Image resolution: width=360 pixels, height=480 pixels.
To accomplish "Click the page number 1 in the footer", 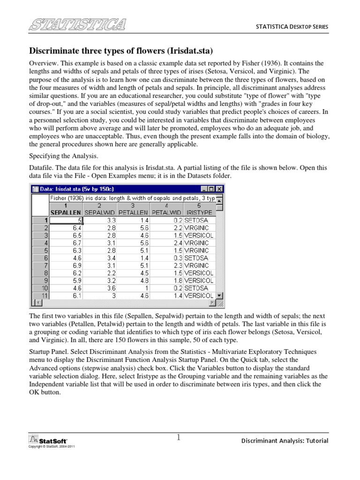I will point(179,438).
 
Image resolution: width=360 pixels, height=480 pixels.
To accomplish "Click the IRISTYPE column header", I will point(200,212).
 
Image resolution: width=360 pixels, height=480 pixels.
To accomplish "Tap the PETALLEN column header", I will point(133,212).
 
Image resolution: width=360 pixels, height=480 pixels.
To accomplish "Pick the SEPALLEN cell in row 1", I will point(66,220).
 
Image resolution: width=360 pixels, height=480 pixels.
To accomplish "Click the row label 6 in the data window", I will point(45,258).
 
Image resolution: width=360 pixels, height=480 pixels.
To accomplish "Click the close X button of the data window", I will point(219,189).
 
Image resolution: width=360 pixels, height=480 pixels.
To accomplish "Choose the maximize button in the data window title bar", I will point(212,189).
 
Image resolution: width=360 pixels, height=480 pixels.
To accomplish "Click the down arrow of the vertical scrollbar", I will point(220,296).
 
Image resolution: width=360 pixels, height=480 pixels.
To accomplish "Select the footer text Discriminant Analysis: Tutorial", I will point(285,441).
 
